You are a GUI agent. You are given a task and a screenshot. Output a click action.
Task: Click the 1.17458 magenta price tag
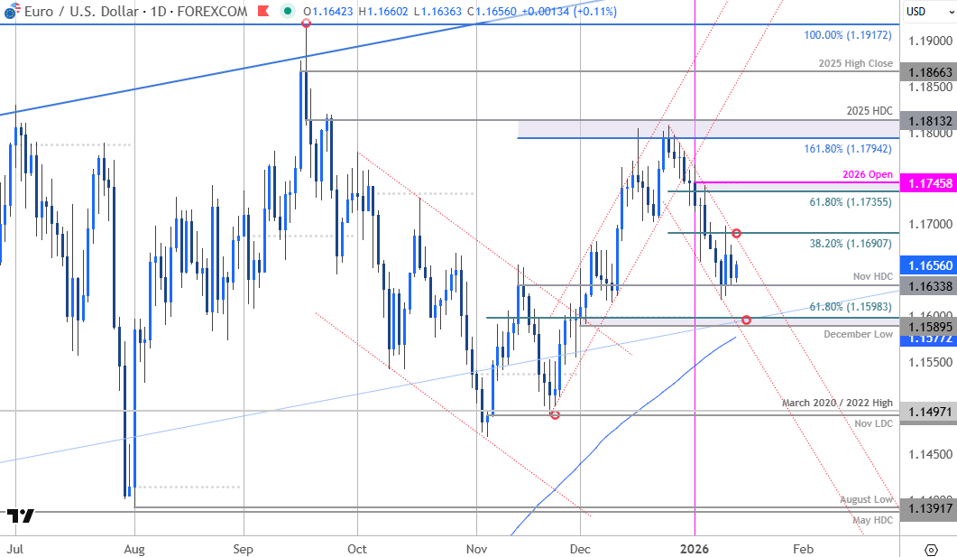click(928, 183)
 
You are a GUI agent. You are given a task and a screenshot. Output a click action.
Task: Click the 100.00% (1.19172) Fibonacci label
click(848, 36)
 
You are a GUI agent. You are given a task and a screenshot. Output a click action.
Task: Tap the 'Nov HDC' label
click(872, 276)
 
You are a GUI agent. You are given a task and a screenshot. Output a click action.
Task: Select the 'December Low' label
click(858, 334)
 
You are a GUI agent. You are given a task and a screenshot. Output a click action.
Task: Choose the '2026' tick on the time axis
click(695, 548)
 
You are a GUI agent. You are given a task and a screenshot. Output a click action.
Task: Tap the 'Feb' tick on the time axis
click(804, 548)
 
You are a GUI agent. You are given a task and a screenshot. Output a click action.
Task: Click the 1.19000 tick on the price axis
click(928, 42)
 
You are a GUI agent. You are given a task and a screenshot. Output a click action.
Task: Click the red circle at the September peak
click(307, 22)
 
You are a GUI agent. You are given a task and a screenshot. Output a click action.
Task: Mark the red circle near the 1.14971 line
click(555, 414)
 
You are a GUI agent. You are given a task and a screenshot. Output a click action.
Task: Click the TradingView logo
click(21, 516)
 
